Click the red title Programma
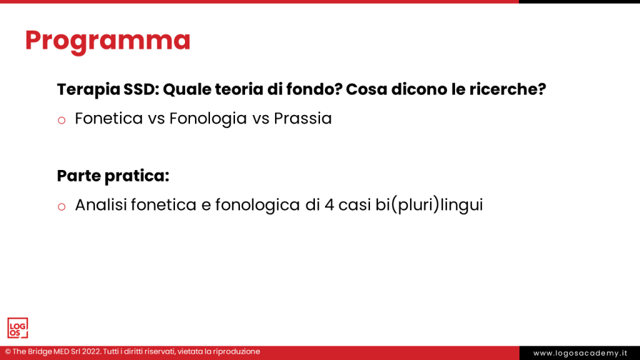pyautogui.click(x=107, y=41)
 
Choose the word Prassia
pyautogui.click(x=302, y=118)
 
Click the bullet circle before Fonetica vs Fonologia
pyautogui.click(x=61, y=119)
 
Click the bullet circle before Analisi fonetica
pyautogui.click(x=61, y=206)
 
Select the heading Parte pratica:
pyautogui.click(x=113, y=176)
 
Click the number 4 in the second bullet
pyautogui.click(x=328, y=205)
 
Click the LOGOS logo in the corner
pyautogui.click(x=17, y=328)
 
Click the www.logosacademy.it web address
pyautogui.click(x=580, y=353)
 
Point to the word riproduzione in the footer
pyautogui.click(x=236, y=352)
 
